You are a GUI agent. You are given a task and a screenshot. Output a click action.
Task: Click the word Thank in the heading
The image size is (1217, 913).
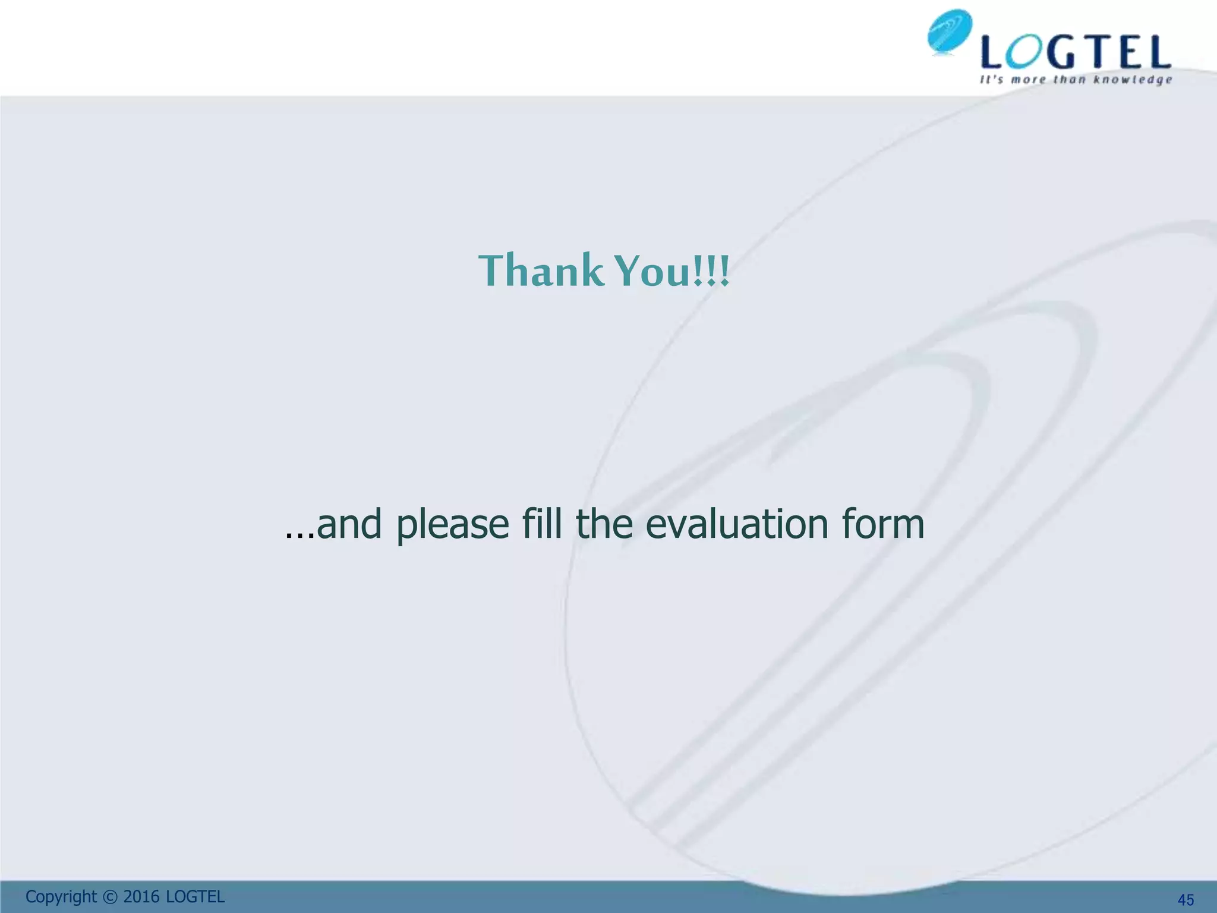(x=541, y=270)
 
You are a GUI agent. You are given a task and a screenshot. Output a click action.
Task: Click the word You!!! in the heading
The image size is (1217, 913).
(x=671, y=270)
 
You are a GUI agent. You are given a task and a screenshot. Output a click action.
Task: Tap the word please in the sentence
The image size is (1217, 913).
(x=452, y=525)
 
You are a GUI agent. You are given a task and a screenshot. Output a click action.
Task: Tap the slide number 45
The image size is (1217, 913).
(x=1186, y=900)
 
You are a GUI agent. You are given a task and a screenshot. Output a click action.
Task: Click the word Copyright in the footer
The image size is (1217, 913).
(x=61, y=897)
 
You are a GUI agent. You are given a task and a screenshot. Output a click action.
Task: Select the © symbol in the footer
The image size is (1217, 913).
(x=110, y=897)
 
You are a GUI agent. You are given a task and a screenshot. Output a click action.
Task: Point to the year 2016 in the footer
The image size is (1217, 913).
(x=141, y=897)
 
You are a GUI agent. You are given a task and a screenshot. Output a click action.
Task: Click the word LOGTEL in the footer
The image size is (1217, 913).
(x=195, y=897)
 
